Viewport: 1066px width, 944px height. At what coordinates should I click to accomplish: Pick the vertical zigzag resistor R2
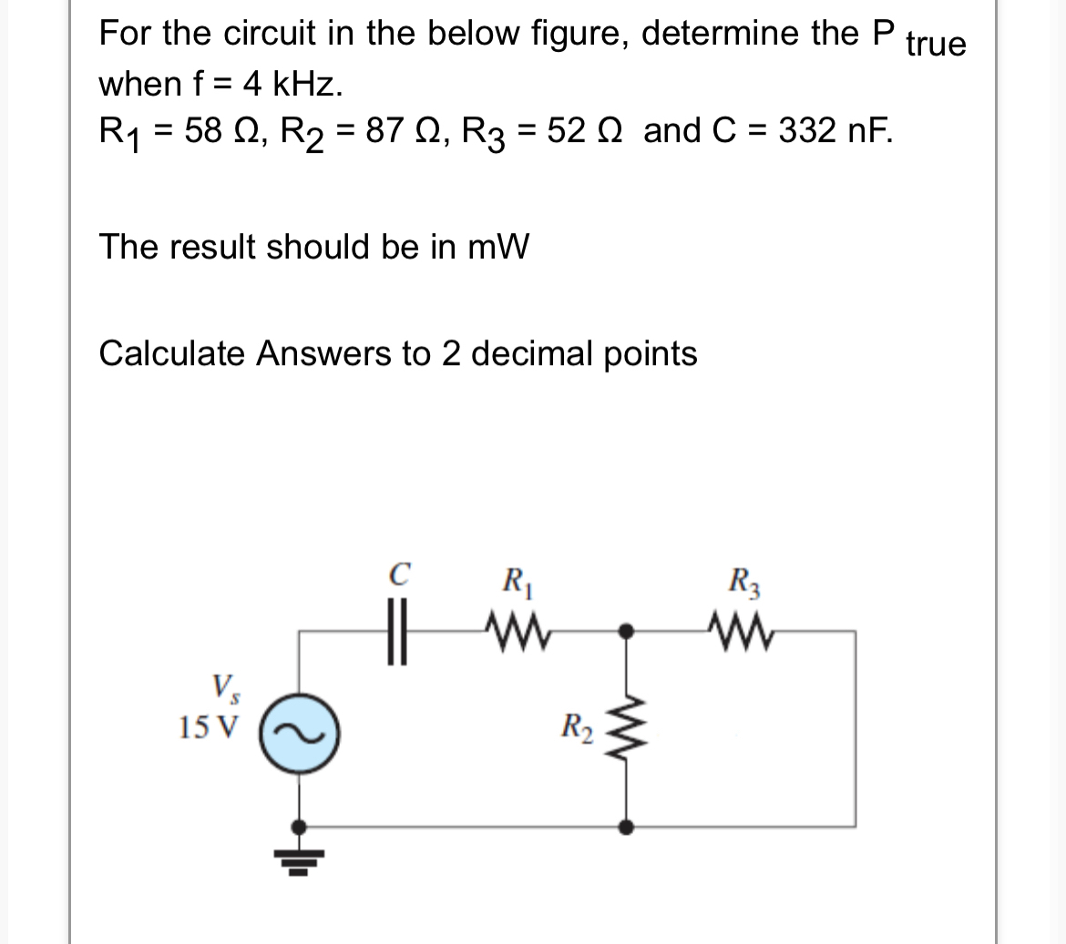(624, 728)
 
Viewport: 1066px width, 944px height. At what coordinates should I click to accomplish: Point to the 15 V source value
(208, 727)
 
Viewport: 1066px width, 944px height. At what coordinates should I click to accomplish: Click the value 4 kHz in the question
(294, 84)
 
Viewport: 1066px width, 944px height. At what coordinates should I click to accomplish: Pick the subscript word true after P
(936, 44)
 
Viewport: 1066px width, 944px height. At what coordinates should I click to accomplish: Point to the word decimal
(537, 352)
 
